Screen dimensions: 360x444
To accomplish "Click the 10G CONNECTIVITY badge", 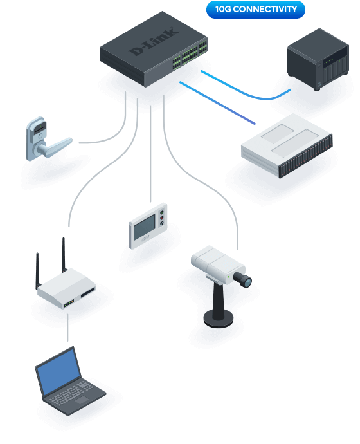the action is (256, 10).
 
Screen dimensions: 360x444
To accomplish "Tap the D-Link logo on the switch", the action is (154, 41).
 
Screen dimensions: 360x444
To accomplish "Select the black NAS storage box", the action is (318, 59).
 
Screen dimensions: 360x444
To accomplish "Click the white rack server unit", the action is (287, 145).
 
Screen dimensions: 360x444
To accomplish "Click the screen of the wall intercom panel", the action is (145, 227).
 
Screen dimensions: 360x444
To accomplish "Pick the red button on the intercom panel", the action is (162, 217).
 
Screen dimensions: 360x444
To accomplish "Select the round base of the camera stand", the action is (219, 319).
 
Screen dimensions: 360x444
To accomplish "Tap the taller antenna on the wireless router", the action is (64, 255).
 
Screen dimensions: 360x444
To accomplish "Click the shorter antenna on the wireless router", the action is (38, 271).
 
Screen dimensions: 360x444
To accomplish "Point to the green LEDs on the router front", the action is (69, 303).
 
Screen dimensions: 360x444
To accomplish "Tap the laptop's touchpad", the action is (82, 400).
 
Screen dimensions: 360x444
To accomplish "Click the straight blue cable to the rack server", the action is (217, 103).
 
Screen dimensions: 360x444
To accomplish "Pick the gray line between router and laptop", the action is (67, 328).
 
